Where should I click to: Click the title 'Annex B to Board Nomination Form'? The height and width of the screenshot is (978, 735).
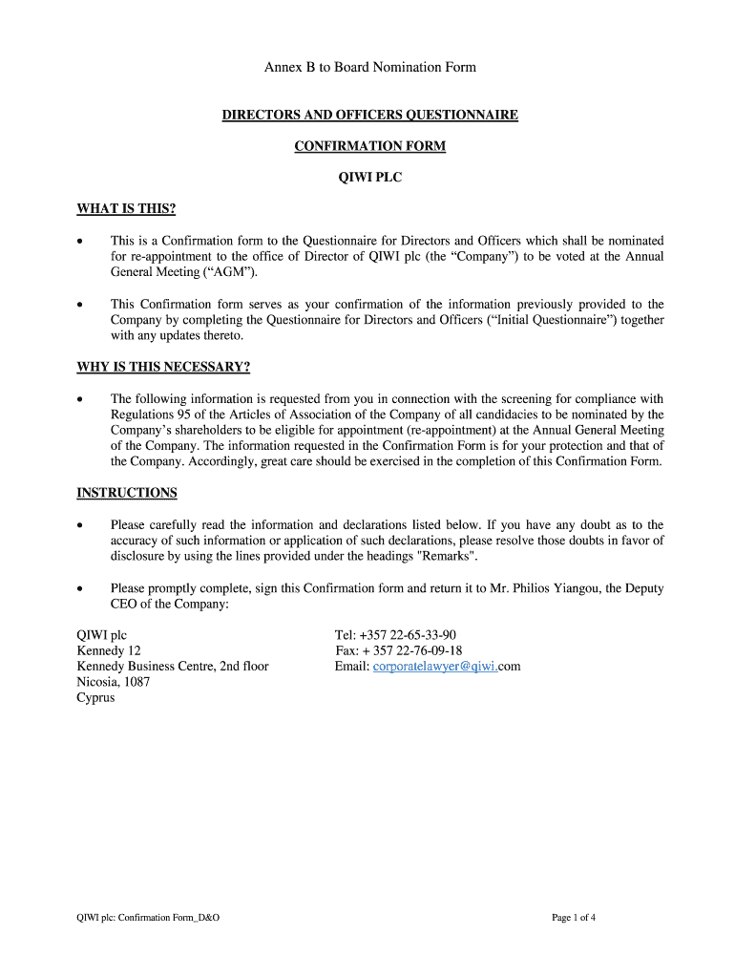point(369,67)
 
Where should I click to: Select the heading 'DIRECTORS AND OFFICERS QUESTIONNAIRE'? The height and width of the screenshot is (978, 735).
point(369,116)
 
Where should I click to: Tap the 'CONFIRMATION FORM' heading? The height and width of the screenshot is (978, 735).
point(369,146)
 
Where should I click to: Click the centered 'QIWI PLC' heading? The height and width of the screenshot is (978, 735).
point(369,177)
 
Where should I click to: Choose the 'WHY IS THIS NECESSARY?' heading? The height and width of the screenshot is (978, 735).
point(162,367)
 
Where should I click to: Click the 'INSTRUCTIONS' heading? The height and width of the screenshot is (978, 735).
point(127,493)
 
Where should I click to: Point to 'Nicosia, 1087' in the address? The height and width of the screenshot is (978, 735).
point(113,682)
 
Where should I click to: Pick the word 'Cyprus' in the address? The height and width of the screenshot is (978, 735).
point(95,698)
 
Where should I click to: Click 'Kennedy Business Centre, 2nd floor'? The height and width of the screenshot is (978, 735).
point(173,667)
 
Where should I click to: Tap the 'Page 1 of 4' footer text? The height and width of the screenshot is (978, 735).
point(574,918)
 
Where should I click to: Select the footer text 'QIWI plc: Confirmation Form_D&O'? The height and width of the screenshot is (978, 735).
point(148,918)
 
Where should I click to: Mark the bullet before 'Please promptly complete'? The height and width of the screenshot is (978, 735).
point(82,589)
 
